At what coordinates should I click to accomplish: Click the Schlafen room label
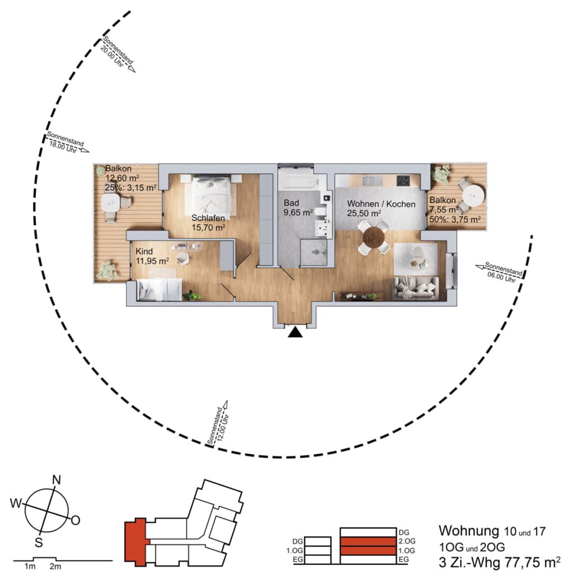point(208,218)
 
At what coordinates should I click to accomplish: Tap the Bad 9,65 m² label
point(298,208)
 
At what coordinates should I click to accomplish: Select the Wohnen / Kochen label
point(381,204)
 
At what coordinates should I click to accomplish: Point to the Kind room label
point(144,251)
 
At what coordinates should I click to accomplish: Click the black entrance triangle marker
point(295,332)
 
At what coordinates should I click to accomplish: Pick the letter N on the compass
point(57,480)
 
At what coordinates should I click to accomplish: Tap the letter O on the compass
point(76,521)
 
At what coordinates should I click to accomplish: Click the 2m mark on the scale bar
point(56,567)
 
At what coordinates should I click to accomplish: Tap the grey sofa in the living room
point(416,288)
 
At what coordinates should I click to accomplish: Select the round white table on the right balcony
point(473,195)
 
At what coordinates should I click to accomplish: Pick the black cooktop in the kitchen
point(403,180)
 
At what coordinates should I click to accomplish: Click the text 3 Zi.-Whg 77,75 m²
point(499,562)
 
